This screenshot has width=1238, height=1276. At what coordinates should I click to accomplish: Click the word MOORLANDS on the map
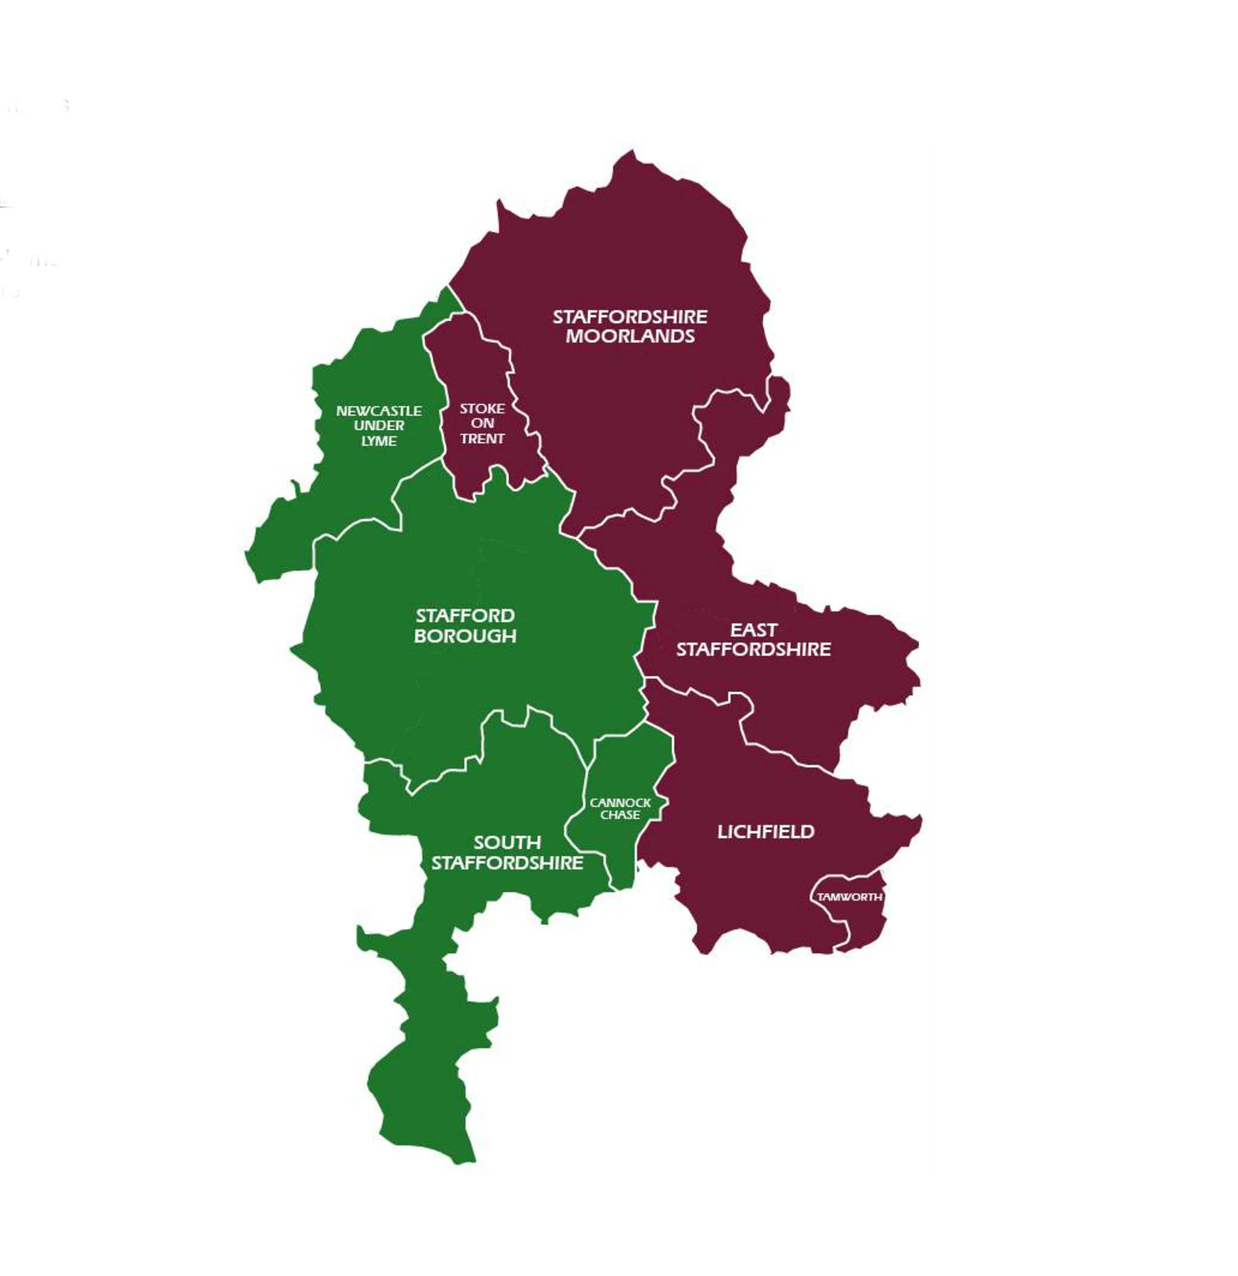coord(630,336)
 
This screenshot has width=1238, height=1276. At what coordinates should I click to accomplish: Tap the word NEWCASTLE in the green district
coord(379,411)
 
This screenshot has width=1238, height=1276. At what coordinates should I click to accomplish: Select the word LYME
coord(379,441)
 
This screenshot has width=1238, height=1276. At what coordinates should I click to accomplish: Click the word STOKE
coord(482,409)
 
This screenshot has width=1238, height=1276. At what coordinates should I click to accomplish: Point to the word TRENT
coord(482,439)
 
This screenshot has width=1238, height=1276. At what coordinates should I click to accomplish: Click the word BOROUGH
coord(465,636)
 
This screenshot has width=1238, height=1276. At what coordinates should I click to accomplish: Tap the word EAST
coord(753,629)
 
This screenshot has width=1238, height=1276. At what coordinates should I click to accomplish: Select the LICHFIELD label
coord(765,831)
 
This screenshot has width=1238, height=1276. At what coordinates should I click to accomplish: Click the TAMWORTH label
coord(849,897)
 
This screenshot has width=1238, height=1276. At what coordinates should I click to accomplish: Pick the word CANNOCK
coord(620,803)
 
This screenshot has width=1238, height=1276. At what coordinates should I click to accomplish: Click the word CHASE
coord(620,815)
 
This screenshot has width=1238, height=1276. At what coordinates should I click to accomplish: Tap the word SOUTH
coord(507,843)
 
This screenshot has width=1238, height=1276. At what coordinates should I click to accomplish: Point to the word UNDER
coord(379,426)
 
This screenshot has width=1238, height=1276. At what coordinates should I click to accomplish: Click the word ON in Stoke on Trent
coord(482,423)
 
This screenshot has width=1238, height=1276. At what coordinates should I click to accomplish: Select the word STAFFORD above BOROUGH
coord(465,616)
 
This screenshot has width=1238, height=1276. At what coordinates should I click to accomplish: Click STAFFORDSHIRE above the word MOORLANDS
coord(630,317)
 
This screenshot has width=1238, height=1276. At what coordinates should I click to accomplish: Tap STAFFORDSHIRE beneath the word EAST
coord(753,649)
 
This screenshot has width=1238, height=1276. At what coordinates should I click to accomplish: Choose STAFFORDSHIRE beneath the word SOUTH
coord(507,863)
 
